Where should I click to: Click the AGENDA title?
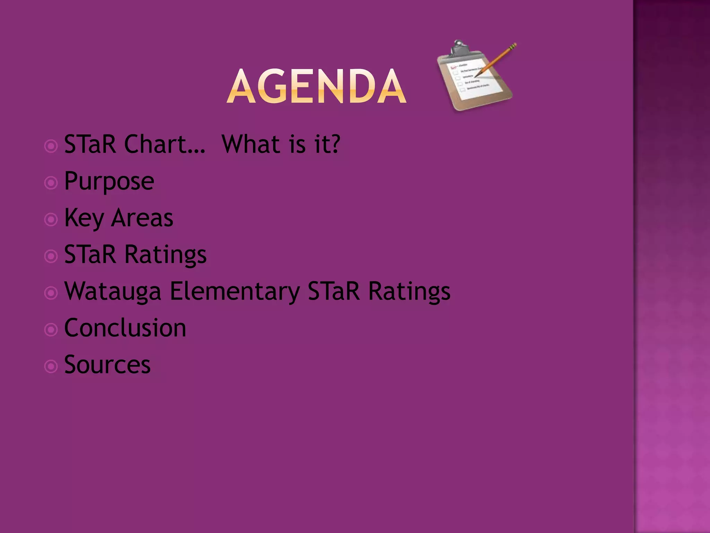316,86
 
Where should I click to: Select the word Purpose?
109,181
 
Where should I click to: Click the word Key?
84,218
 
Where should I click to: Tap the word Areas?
142,218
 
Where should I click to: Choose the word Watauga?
113,291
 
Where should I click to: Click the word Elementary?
235,291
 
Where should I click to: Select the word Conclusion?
125,328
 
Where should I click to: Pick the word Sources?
107,365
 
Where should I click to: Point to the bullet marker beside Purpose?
51,183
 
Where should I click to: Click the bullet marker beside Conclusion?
51,330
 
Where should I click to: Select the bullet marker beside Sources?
51,366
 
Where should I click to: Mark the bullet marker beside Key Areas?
51,220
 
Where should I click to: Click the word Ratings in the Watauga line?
409,291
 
